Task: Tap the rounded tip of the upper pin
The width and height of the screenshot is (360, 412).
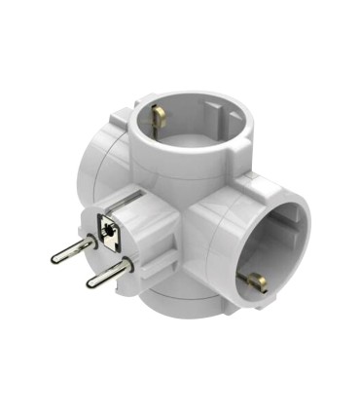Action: click(54, 260)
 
